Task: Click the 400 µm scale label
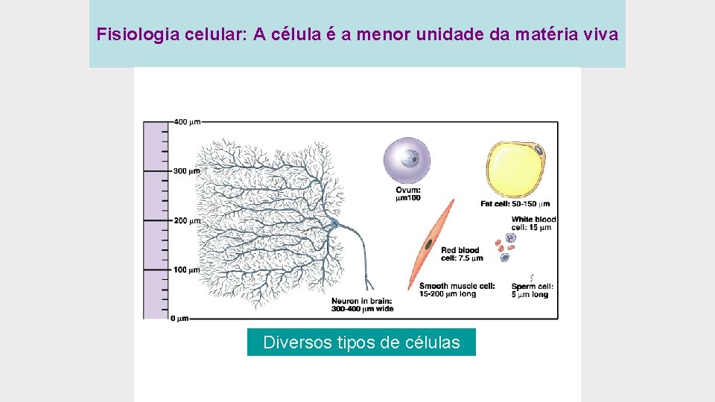pos(186,121)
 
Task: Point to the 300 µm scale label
pos(186,171)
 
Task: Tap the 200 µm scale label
pos(186,220)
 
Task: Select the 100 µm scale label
pos(186,269)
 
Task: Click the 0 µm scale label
pos(179,319)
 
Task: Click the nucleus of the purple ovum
pos(409,157)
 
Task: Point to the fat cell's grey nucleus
pos(540,151)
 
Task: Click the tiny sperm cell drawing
pos(530,278)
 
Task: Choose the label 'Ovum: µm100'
pos(408,194)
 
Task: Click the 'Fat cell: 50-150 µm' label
pos(515,203)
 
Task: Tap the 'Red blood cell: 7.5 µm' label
pos(461,254)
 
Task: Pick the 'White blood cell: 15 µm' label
pos(533,223)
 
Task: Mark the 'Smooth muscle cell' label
pos(457,290)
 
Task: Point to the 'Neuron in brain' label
pos(362,304)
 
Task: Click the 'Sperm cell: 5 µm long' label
pos(532,290)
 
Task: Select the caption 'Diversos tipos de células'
pos(361,342)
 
